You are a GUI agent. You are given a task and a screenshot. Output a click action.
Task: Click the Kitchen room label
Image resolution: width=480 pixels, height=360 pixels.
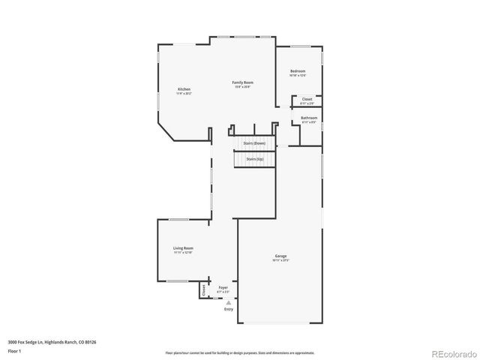184,89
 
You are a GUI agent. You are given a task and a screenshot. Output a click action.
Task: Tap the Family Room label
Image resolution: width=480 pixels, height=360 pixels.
241,82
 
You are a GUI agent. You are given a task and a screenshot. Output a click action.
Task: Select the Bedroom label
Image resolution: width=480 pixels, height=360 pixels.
298,71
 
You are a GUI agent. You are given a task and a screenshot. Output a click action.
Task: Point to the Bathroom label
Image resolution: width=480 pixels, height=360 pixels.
309,118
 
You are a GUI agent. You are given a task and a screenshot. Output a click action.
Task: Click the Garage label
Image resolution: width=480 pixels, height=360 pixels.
280,256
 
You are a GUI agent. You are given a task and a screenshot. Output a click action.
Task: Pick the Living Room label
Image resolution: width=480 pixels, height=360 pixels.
184,248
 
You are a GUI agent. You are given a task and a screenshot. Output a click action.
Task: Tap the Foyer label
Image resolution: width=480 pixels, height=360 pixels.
223,287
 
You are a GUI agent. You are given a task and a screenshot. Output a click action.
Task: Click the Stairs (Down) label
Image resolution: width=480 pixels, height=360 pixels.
254,142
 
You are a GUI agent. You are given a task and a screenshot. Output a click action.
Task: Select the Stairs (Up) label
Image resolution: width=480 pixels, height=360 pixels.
254,159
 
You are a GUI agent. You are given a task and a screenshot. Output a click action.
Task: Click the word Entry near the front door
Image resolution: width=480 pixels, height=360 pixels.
228,309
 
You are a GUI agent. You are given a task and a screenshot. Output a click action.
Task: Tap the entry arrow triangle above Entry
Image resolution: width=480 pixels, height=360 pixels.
228,302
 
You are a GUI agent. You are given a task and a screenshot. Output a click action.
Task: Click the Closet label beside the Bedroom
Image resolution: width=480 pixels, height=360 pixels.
307,99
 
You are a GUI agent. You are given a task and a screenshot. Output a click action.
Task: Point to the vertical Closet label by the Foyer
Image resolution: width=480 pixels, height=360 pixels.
203,289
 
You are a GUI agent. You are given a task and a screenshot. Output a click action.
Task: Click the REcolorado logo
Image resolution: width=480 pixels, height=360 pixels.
451,352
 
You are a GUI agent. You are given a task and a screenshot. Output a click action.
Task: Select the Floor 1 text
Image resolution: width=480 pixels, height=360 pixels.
14,349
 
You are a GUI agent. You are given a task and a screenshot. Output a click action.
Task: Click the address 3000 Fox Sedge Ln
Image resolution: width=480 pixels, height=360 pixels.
52,342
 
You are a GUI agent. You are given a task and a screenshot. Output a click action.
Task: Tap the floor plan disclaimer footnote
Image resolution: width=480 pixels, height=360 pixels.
239,352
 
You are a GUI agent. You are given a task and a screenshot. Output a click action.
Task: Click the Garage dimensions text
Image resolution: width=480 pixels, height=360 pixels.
280,261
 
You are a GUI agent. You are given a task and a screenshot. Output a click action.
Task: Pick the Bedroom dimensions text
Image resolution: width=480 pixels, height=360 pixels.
298,76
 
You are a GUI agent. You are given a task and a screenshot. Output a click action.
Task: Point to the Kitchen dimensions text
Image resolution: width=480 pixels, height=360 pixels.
184,94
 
